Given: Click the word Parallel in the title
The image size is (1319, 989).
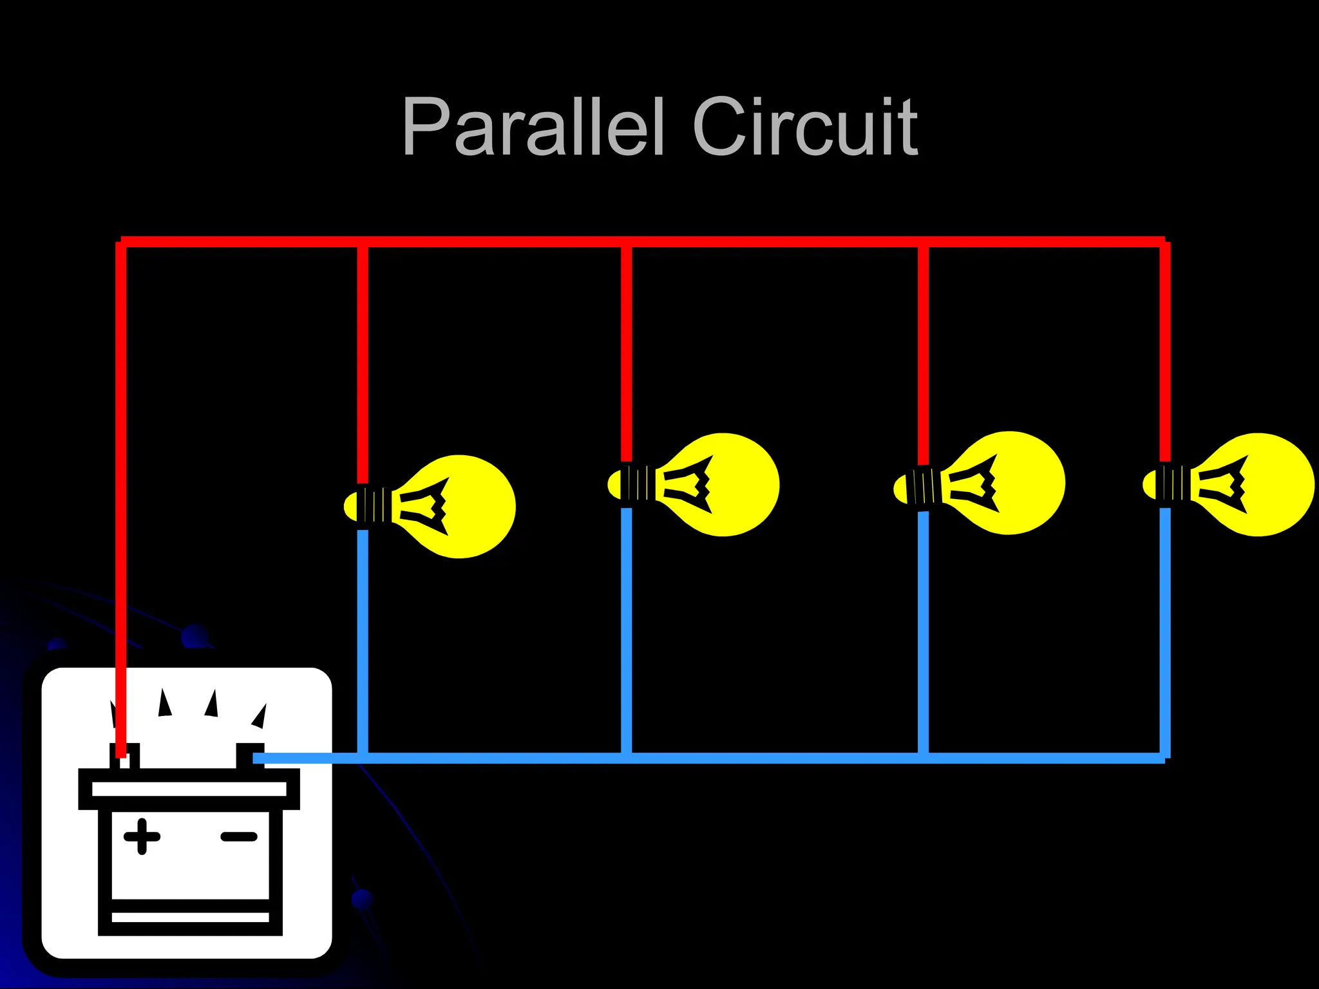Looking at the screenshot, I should tap(532, 127).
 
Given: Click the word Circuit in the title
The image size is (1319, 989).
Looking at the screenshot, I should tap(804, 127).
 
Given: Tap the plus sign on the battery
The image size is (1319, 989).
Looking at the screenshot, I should tap(142, 836).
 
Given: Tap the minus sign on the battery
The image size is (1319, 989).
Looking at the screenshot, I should tap(239, 837).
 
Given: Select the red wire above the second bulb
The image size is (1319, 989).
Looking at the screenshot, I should tap(627, 354).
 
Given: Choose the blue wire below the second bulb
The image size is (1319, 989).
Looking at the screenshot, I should tap(627, 631).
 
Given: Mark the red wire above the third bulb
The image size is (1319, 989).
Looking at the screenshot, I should tap(923, 354).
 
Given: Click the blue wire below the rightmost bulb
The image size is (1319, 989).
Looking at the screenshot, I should tap(1165, 631).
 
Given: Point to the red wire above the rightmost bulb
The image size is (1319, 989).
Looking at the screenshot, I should tap(1165, 354).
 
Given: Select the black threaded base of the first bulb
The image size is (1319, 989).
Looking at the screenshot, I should tap(375, 505).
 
